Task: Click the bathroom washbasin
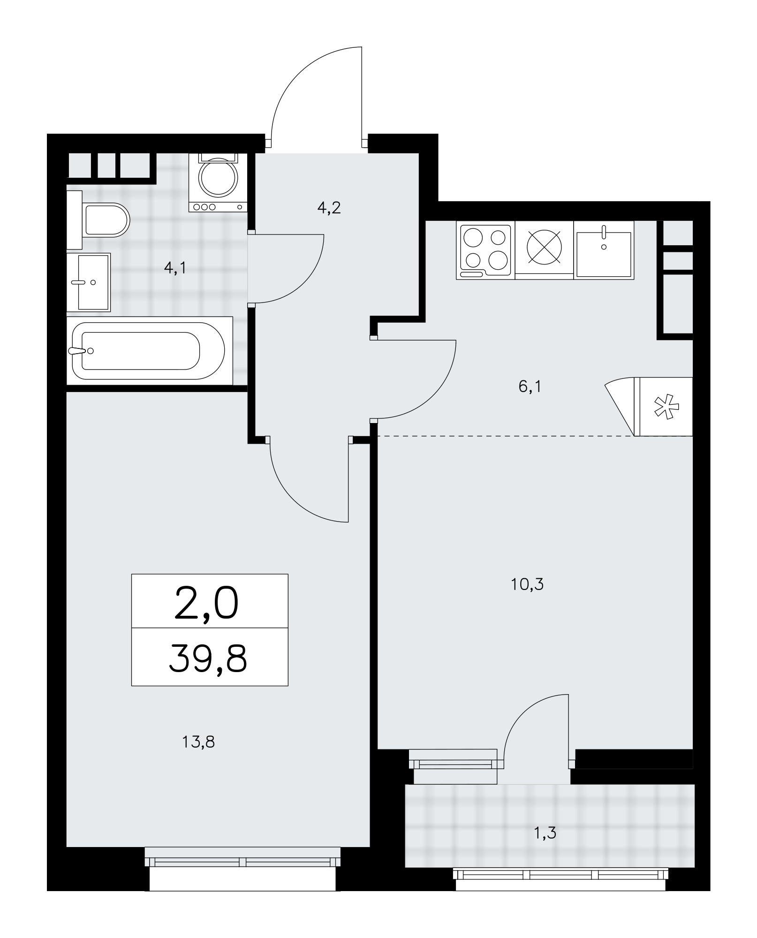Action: pos(89,282)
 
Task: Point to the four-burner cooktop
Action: pos(485,250)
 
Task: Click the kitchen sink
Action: pos(604,250)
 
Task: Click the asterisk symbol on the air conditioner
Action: pos(666,406)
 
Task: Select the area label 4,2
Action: pos(329,207)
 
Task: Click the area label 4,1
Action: pos(175,268)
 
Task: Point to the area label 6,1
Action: pos(530,387)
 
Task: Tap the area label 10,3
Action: pos(528,584)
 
